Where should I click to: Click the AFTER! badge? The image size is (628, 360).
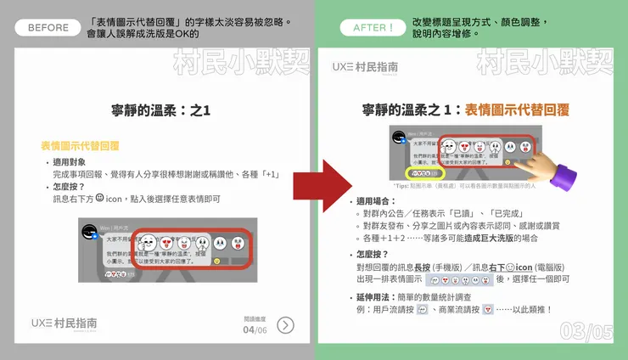click(367, 27)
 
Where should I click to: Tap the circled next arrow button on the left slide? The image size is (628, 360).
click(286, 324)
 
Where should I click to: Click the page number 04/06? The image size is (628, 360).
click(255, 329)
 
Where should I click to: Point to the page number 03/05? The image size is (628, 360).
click(586, 332)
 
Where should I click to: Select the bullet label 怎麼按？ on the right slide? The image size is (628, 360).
click(374, 253)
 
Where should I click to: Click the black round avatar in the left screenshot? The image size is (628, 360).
click(87, 232)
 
